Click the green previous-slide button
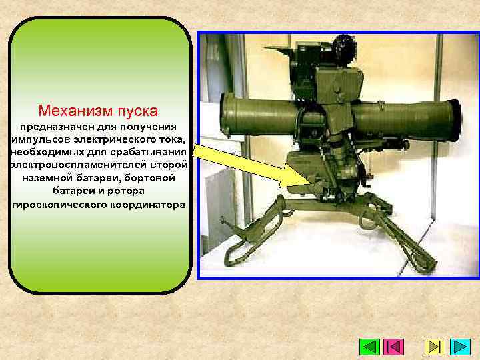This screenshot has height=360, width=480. tap(369, 347)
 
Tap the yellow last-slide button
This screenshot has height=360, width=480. tap(435, 347)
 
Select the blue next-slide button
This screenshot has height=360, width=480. tap(461, 347)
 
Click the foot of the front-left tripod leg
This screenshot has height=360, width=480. tap(231, 256)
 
